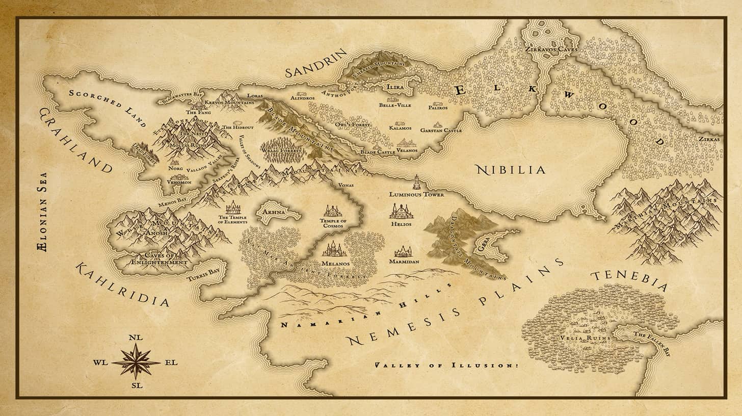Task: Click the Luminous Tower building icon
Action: (x=416, y=182)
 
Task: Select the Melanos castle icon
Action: (x=334, y=249)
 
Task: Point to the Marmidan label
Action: (x=404, y=262)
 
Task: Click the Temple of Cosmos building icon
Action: (x=333, y=211)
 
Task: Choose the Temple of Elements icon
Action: (x=233, y=207)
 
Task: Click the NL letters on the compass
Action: (x=136, y=337)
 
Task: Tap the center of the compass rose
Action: (x=136, y=361)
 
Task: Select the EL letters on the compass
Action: (x=171, y=362)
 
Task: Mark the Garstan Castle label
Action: (x=441, y=131)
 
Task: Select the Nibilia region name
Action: (x=510, y=170)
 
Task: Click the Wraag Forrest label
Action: (x=282, y=151)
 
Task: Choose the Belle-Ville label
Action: (x=395, y=105)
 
